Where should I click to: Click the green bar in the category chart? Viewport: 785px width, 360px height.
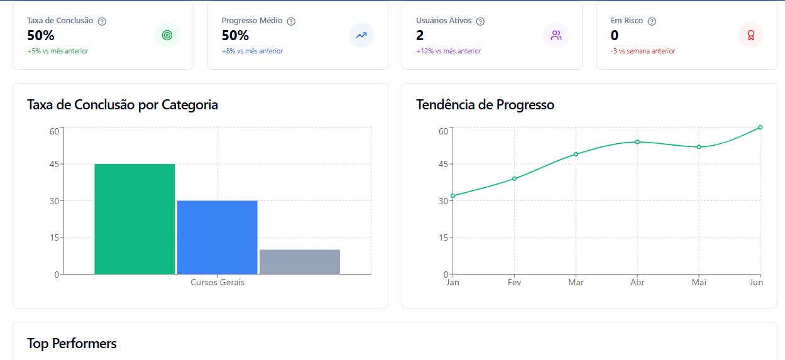tap(134, 219)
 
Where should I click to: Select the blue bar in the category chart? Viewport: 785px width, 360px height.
tap(217, 237)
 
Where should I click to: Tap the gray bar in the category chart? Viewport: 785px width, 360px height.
tap(300, 261)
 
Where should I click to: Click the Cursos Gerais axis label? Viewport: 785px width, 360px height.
tap(217, 283)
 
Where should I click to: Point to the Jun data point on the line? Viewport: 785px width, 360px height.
tap(760, 128)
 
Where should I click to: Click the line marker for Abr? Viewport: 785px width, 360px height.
tap(637, 142)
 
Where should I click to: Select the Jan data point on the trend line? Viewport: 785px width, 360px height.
tap(453, 196)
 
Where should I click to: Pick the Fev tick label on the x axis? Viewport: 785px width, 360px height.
tap(514, 283)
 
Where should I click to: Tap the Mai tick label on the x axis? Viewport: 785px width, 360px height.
tap(699, 283)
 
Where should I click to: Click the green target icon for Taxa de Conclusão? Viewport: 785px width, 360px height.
tap(167, 35)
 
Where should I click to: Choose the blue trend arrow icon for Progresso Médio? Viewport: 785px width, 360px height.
tap(361, 35)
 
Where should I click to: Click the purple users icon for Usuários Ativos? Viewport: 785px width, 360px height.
tap(556, 35)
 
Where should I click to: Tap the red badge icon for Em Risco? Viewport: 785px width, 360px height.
tap(750, 35)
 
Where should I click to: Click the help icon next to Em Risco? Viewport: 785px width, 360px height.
tap(652, 21)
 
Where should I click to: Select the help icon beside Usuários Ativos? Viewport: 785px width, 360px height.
tap(480, 21)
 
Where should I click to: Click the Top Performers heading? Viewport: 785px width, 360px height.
tap(72, 343)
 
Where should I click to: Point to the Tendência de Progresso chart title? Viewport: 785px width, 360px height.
tap(485, 105)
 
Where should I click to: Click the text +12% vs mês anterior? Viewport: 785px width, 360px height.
tap(449, 52)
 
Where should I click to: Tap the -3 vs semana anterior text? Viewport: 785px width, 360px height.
tap(643, 52)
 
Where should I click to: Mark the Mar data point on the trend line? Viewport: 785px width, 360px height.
tap(576, 154)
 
